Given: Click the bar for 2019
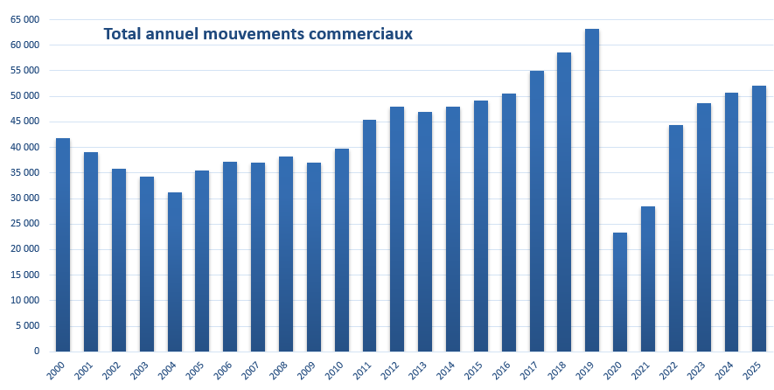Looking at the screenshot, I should (x=592, y=191).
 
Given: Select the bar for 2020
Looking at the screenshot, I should (x=620, y=292).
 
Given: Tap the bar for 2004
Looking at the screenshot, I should (x=175, y=272).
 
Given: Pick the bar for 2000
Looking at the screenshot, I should (x=63, y=245).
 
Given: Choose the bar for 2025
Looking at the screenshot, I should (x=759, y=219).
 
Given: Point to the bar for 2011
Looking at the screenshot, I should (x=370, y=236).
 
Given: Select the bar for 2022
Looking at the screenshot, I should (x=676, y=238).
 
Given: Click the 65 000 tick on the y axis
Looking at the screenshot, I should (x=25, y=19).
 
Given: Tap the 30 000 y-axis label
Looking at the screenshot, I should (x=25, y=198).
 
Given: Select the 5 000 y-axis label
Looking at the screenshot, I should (x=28, y=326).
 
